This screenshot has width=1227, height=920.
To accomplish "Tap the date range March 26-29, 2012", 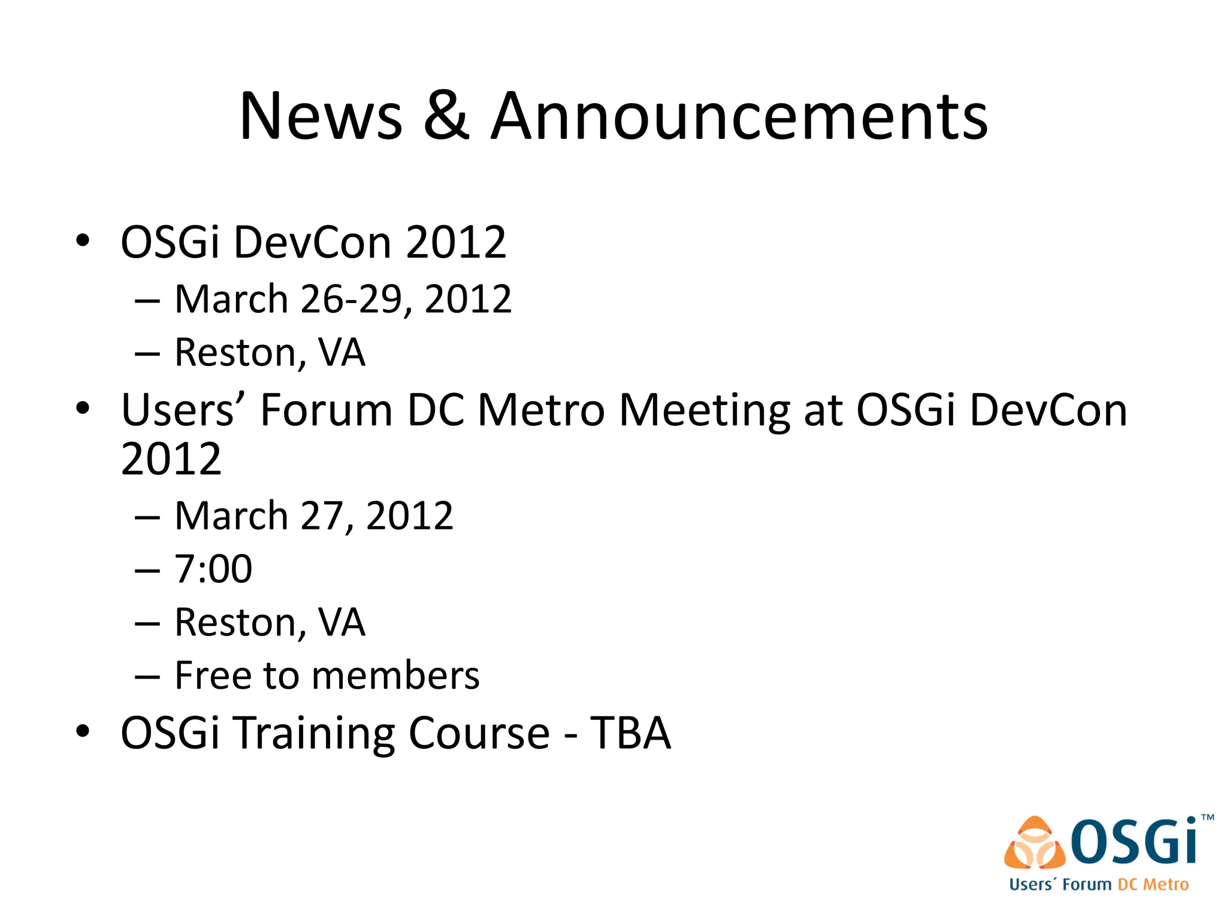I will pyautogui.click(x=343, y=299).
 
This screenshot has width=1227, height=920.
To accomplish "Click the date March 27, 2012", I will pyautogui.click(x=313, y=516).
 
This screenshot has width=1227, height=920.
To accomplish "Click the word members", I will pyautogui.click(x=395, y=676).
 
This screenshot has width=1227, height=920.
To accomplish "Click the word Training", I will pyautogui.click(x=314, y=733).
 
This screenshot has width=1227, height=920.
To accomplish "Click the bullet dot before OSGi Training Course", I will pyautogui.click(x=83, y=731).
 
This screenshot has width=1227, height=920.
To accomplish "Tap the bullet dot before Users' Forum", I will pyautogui.click(x=83, y=408).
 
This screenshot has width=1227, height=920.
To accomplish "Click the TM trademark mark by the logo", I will pyautogui.click(x=1208, y=818).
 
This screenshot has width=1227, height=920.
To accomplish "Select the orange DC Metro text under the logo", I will pyautogui.click(x=1153, y=885).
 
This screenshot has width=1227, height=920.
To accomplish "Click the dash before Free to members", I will pyautogui.click(x=147, y=677).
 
